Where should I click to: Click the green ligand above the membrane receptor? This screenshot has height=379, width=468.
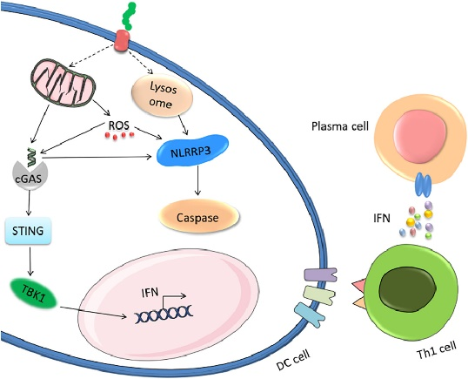(x=129, y=17)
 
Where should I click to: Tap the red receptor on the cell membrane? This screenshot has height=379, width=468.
(x=122, y=41)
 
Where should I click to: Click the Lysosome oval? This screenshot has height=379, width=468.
(x=162, y=96)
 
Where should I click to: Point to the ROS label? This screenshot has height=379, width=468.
(x=119, y=125)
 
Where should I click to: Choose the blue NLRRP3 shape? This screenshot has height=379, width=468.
(x=192, y=151)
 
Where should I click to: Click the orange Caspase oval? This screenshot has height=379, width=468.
(x=199, y=217)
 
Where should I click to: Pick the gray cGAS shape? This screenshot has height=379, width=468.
(x=29, y=177)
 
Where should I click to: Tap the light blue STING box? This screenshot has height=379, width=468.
(x=28, y=231)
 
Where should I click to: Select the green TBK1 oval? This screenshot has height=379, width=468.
(x=33, y=294)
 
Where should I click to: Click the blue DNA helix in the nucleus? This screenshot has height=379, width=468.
(x=164, y=315)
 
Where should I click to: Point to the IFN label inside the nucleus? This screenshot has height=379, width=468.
(x=150, y=292)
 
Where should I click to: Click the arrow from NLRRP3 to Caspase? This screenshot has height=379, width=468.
(x=197, y=180)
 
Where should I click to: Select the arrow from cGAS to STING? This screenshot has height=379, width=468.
(x=29, y=203)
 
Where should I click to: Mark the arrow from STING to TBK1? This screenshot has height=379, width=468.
(x=30, y=260)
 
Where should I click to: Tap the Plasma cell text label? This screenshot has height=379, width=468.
(x=340, y=126)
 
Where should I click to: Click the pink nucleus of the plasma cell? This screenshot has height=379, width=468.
(x=420, y=136)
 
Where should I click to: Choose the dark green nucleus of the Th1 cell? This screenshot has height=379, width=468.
(x=408, y=288)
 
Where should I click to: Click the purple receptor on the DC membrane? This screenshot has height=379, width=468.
(x=320, y=274)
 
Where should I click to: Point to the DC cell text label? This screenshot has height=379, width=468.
(x=293, y=360)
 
